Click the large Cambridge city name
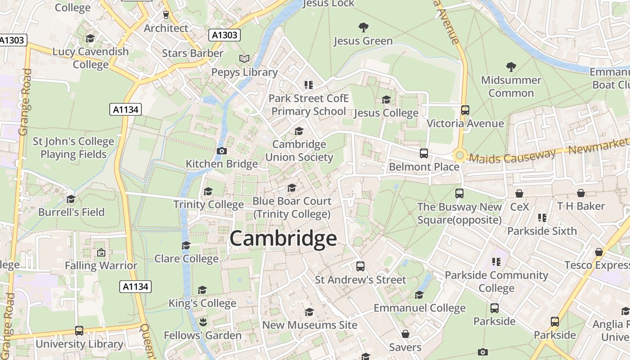coord(283,239)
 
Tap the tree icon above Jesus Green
coord(363,27)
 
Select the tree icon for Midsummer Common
coord(511,67)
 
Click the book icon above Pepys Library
coord(244,58)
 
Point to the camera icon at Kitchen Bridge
coord(221,151)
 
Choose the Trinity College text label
coord(208,205)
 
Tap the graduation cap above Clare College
coord(186,245)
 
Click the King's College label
coord(202,303)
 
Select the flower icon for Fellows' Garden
coord(202,322)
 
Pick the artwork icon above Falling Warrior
coord(101,252)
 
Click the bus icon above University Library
coord(79,331)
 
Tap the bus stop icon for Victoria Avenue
coord(465,110)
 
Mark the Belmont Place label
coord(424,167)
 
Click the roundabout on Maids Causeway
coord(459,156)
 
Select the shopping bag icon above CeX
coord(519,193)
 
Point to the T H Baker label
coord(581,206)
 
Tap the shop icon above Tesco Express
coord(598,252)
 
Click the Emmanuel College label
coord(419,308)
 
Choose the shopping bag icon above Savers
coord(405,334)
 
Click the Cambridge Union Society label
coord(299,151)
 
